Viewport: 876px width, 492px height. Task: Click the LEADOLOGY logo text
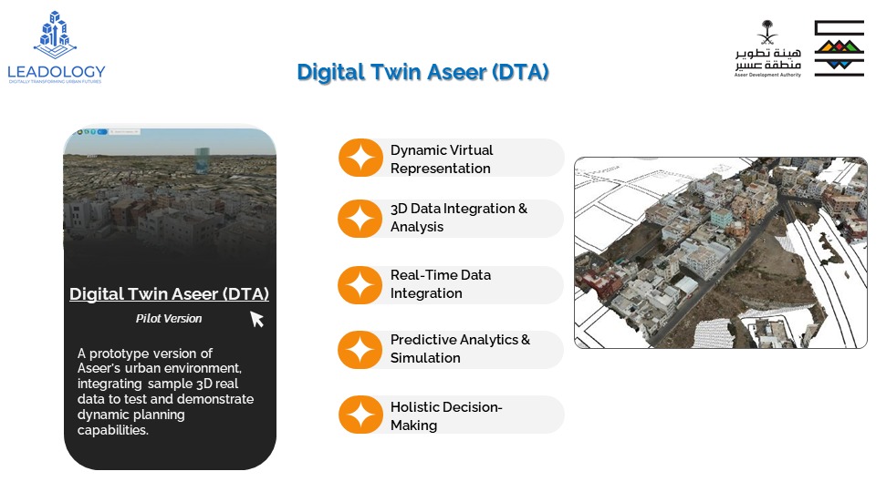(57, 71)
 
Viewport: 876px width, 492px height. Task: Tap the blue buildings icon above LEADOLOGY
(55, 35)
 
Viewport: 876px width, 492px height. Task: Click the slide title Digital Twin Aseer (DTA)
(422, 72)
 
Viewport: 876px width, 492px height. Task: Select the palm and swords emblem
(767, 33)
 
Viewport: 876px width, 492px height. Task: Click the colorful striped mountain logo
(839, 48)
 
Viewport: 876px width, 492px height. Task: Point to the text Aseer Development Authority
(767, 75)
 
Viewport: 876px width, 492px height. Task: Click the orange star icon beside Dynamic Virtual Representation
(361, 158)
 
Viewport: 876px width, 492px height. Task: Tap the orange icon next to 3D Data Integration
(361, 218)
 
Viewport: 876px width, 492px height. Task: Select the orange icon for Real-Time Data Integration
(361, 284)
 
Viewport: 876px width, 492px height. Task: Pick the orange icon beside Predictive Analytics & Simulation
(361, 350)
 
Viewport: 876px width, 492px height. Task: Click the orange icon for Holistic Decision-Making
(361, 415)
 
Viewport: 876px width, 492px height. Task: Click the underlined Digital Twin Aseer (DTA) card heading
(170, 294)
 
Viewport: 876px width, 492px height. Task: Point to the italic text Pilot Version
(169, 319)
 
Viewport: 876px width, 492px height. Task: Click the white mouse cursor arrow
(256, 319)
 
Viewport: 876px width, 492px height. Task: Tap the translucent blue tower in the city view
(202, 160)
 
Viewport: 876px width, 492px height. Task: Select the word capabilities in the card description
(113, 430)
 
